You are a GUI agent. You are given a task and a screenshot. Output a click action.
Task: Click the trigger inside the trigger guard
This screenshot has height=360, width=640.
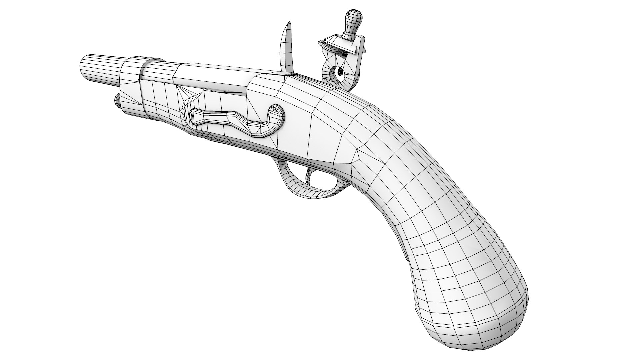(310, 177)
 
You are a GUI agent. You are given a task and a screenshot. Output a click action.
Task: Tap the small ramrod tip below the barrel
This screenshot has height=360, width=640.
(117, 101)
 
